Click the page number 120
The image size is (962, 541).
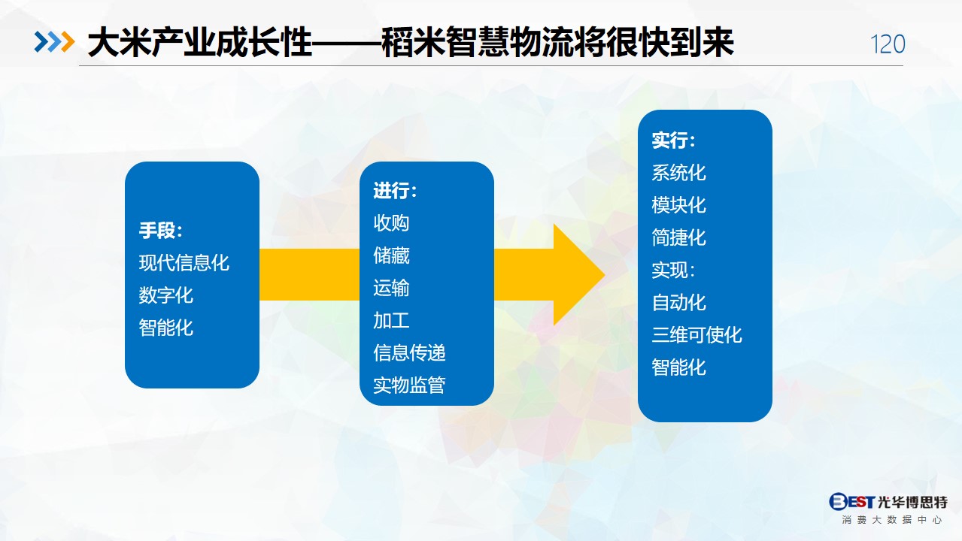click(x=888, y=44)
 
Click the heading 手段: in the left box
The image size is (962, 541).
click(x=161, y=231)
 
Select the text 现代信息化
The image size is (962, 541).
click(x=184, y=262)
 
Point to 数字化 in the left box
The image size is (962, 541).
click(x=165, y=295)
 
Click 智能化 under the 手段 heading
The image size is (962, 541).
click(x=165, y=328)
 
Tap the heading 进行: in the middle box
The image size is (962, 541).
click(x=395, y=191)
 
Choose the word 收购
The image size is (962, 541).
click(x=391, y=222)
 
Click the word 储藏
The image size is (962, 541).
click(x=391, y=255)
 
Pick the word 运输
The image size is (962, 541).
click(x=391, y=288)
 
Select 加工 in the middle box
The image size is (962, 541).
click(x=391, y=321)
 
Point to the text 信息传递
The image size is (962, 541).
click(x=409, y=352)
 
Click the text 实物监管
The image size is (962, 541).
click(x=409, y=385)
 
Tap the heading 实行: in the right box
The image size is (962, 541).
click(x=673, y=141)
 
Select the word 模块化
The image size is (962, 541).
click(x=678, y=205)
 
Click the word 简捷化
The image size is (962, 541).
click(x=678, y=237)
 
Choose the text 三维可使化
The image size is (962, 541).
click(x=696, y=335)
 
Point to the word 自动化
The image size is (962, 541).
click(x=678, y=303)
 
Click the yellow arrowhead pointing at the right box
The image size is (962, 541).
click(x=575, y=274)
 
